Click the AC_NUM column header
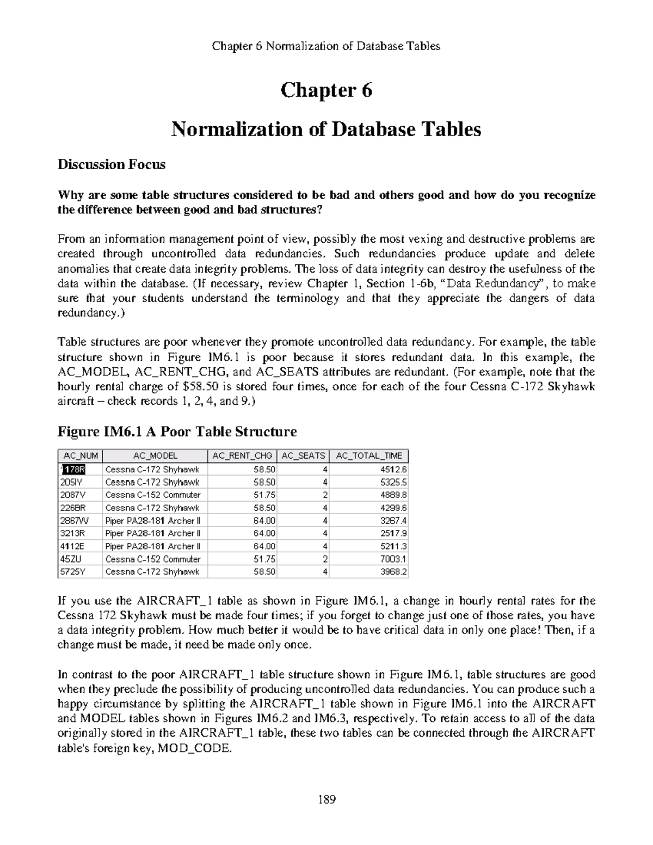click(x=79, y=456)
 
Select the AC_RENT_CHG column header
click(x=242, y=456)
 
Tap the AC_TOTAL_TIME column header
click(x=369, y=456)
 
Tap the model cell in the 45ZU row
click(x=153, y=559)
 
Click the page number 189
click(x=326, y=799)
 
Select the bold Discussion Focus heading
click(x=112, y=165)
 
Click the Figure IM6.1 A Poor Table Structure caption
click(x=177, y=432)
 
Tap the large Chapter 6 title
click(x=326, y=90)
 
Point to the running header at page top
click(x=326, y=46)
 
